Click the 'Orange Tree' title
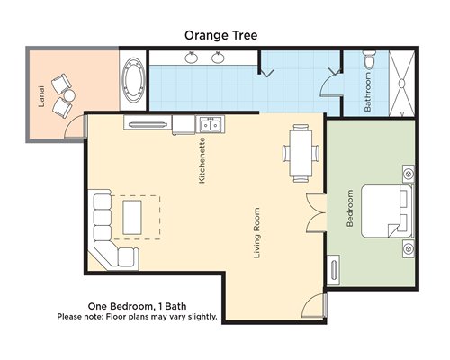click(220, 36)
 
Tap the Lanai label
click(41, 96)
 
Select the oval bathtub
click(133, 80)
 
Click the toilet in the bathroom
click(370, 58)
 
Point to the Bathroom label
click(367, 92)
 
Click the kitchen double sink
click(211, 125)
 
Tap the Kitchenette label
click(202, 160)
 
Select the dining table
click(301, 153)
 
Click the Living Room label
click(256, 233)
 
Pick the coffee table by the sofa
click(132, 218)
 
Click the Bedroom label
click(349, 208)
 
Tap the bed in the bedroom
click(387, 211)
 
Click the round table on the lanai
click(70, 96)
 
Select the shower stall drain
click(401, 83)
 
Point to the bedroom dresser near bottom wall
click(333, 270)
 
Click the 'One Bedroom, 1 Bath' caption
click(137, 306)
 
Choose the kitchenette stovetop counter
click(148, 122)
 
